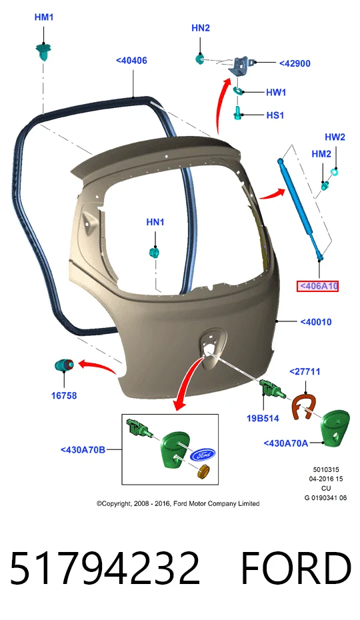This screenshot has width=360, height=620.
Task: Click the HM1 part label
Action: point(44,17)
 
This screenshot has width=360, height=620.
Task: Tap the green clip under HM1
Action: point(43,52)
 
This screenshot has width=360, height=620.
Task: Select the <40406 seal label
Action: point(131,61)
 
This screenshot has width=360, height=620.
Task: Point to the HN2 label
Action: point(201,28)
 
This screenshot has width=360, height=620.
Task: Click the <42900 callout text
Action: point(295,63)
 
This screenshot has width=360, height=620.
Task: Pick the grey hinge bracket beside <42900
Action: point(241,65)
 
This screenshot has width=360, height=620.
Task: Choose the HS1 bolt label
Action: point(275,115)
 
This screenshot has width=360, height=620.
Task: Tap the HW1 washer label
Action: point(276,93)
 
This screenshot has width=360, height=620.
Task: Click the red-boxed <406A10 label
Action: point(318,286)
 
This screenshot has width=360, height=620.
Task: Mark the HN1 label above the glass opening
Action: point(155,222)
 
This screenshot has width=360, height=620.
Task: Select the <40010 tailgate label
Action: point(316,322)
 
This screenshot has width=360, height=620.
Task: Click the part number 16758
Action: point(64,395)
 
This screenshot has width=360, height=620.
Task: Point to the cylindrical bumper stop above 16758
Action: point(64,365)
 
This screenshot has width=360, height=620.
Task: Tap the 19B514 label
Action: point(263,419)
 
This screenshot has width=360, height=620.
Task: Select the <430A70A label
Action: point(285,443)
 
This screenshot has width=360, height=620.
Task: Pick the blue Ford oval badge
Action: point(203,455)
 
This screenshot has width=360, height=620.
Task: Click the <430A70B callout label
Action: point(83,449)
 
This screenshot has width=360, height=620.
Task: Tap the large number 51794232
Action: point(105,568)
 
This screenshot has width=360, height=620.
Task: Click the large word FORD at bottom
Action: point(296,568)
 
